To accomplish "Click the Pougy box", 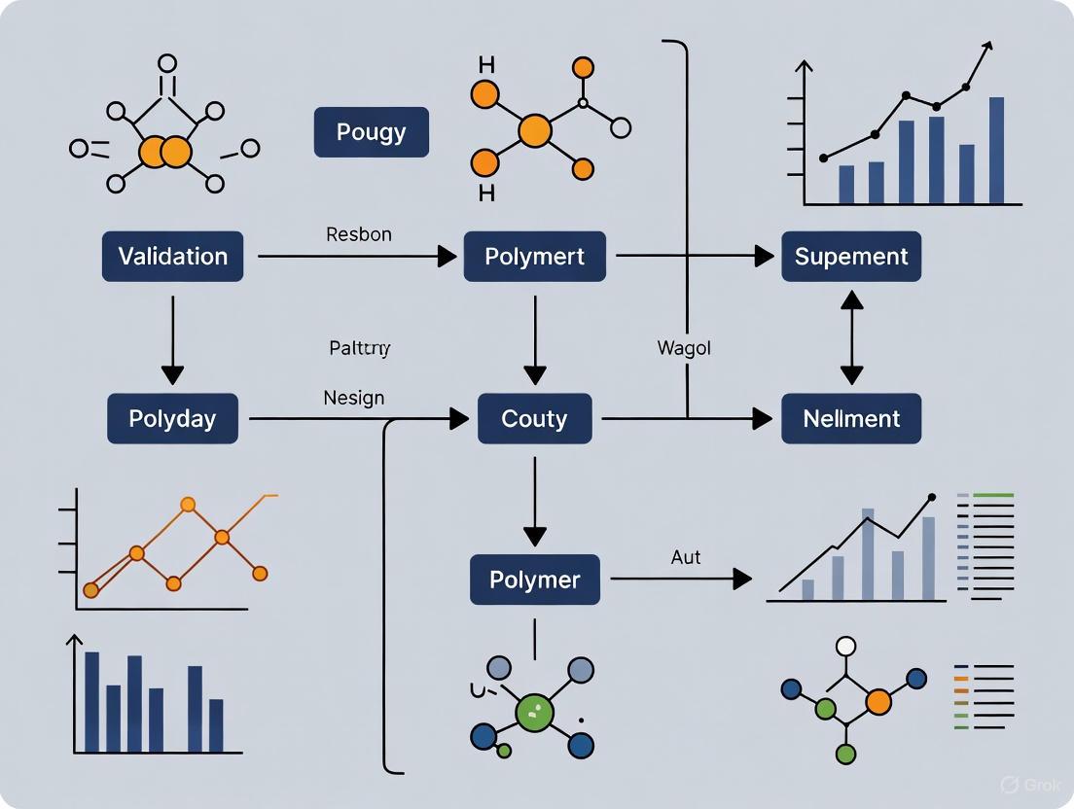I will (371, 132).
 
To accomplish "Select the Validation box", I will (172, 257).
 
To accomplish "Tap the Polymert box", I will (534, 257).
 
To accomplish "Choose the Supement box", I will (851, 257).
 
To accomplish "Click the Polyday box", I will (172, 419).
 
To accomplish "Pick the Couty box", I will (534, 419).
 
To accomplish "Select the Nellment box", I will (851, 419).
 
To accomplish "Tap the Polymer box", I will (534, 580).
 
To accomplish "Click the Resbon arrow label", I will (359, 234).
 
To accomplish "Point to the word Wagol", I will (684, 348).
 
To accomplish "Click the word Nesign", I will (353, 398).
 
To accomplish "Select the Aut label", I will (686, 558).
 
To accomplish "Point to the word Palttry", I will (360, 347).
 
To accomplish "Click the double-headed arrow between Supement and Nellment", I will (851, 338).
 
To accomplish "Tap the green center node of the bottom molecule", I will (533, 712).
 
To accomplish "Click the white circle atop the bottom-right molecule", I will (846, 647).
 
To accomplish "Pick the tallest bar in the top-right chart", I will (996, 150).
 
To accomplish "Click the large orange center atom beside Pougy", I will (534, 130).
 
